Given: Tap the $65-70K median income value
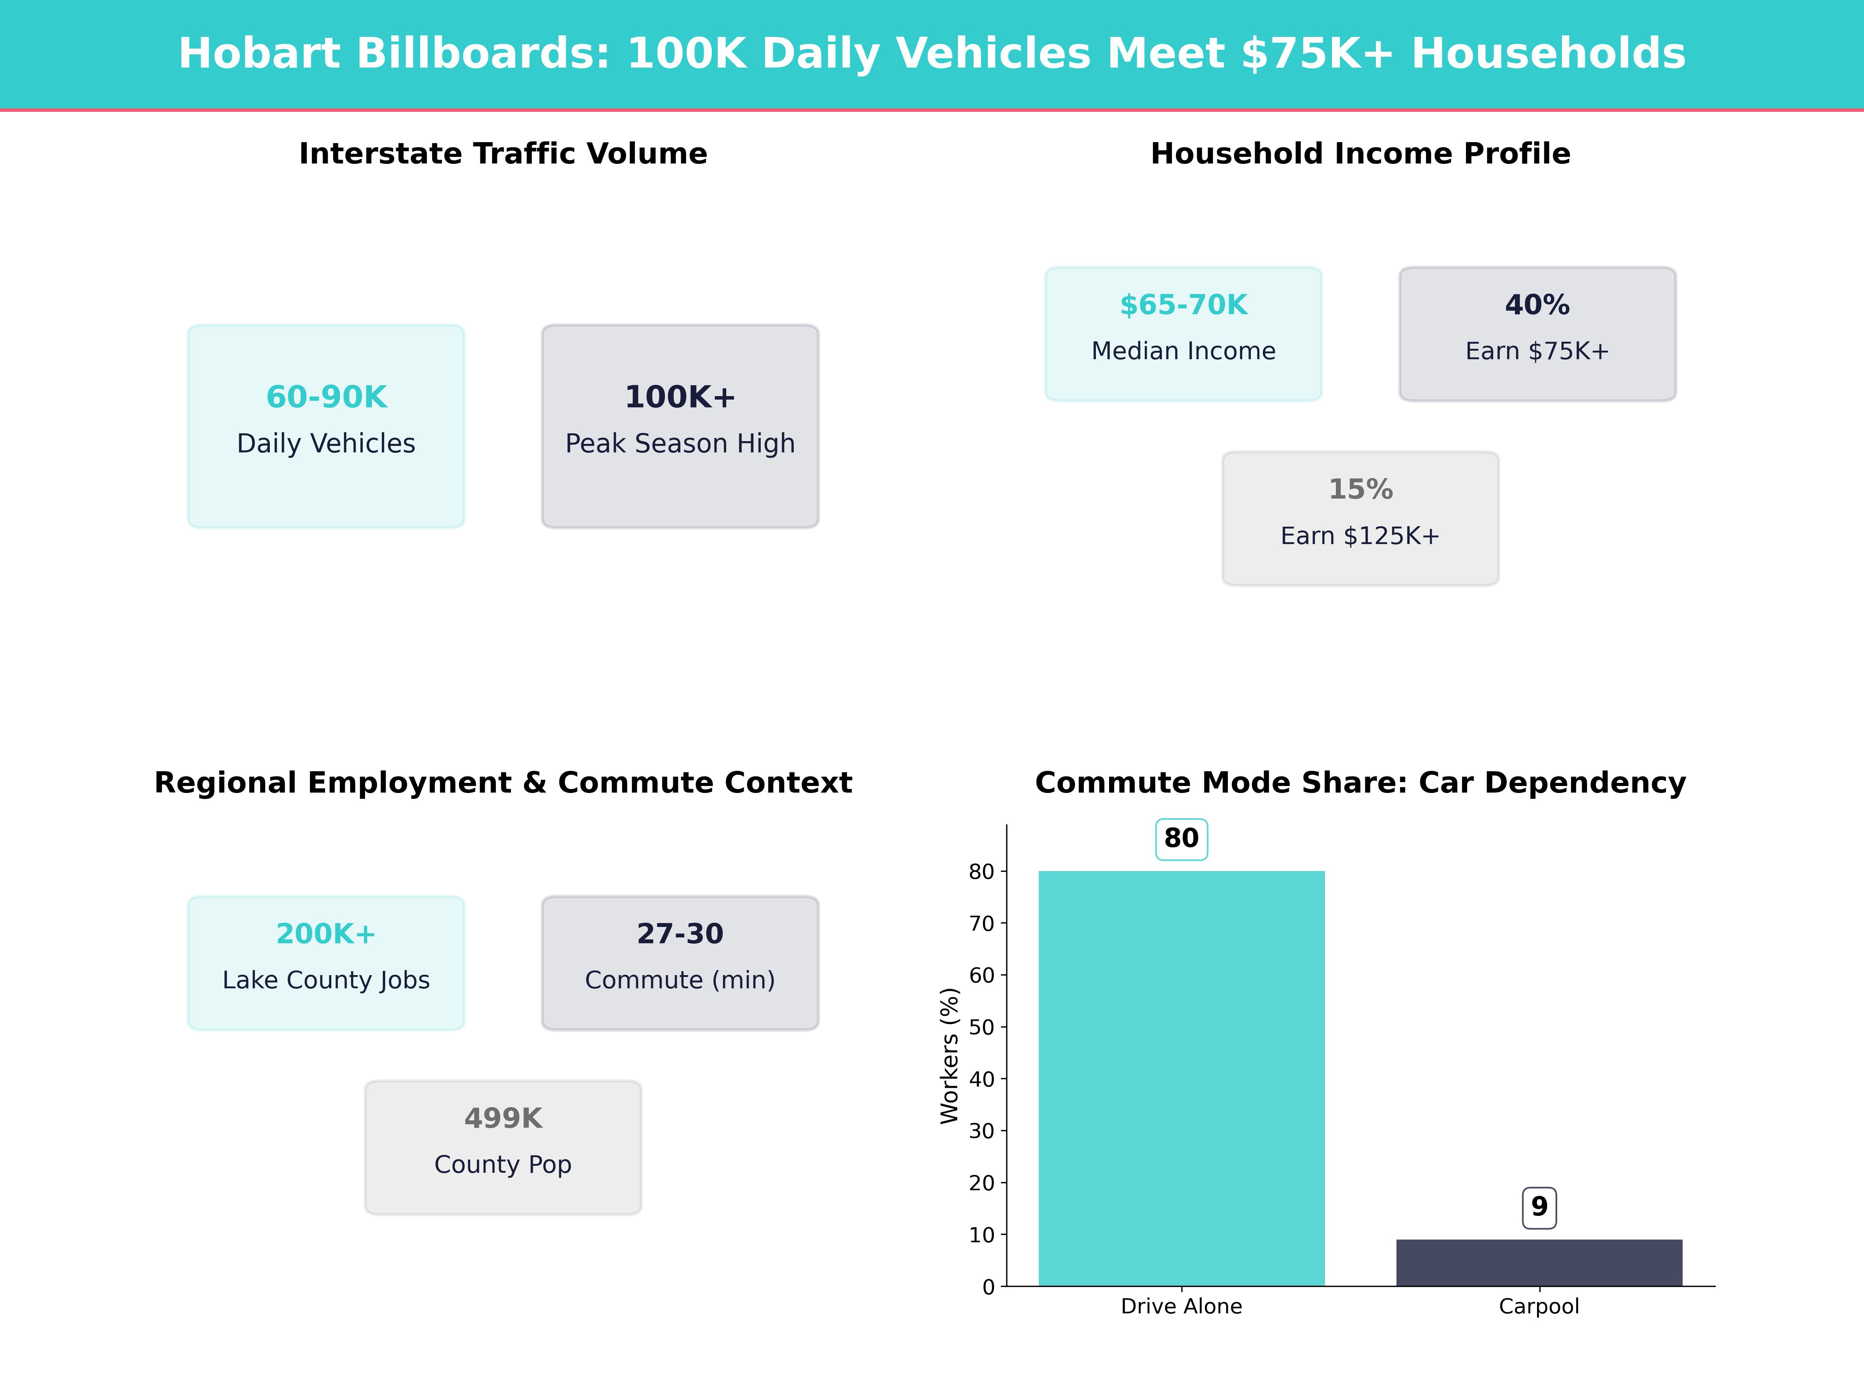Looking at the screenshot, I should coord(1183,305).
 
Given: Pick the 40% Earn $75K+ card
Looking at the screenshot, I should coord(1537,334).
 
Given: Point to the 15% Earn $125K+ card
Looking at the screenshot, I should coord(1360,518).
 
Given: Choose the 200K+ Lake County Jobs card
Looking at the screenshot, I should coord(326,962).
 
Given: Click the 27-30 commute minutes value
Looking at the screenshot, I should coord(680,934).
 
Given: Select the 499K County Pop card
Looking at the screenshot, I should coord(503,1147).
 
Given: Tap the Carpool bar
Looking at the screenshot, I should coord(1539,1262).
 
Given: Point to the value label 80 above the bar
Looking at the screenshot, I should coord(1181,838).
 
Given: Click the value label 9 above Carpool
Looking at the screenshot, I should coord(1539,1207).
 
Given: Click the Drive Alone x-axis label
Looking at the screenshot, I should coord(1181,1306).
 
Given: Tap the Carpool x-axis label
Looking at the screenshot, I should coord(1539,1306).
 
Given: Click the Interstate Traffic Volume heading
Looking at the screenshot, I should coord(503,153).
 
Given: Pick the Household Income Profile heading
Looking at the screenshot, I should coord(1360,153).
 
